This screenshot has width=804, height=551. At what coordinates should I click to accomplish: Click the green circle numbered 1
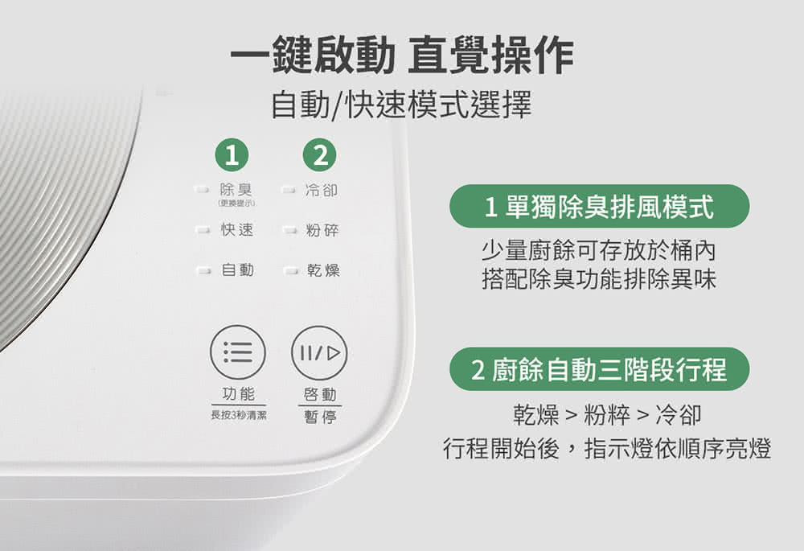click(232, 154)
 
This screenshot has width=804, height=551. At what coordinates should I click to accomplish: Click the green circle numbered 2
click(319, 154)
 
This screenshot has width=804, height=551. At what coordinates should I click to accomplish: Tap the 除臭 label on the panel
click(236, 191)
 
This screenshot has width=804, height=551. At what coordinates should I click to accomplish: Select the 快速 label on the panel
click(236, 230)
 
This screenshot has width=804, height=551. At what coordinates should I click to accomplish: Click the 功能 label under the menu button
click(238, 394)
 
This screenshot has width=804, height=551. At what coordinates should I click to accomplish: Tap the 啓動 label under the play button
click(321, 394)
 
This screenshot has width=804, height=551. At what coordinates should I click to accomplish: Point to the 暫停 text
click(321, 417)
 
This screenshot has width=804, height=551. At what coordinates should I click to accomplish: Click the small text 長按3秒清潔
click(238, 416)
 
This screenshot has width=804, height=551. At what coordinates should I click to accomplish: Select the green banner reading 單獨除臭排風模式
click(599, 207)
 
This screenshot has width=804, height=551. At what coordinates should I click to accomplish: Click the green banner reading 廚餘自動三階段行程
click(599, 369)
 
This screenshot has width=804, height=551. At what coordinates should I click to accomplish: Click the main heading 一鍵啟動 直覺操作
click(402, 57)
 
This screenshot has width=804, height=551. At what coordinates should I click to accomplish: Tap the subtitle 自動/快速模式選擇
click(401, 105)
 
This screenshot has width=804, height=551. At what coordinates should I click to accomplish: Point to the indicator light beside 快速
click(203, 231)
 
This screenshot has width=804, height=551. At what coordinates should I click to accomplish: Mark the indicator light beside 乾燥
click(289, 270)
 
